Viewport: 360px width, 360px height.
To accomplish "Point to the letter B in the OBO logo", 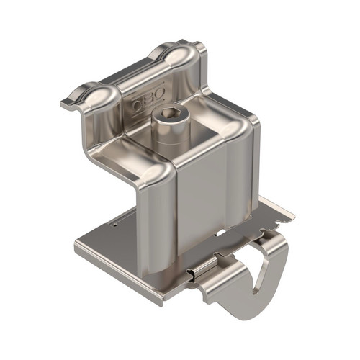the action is (149, 99).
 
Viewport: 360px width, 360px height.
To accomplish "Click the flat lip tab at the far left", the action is (70, 104).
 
